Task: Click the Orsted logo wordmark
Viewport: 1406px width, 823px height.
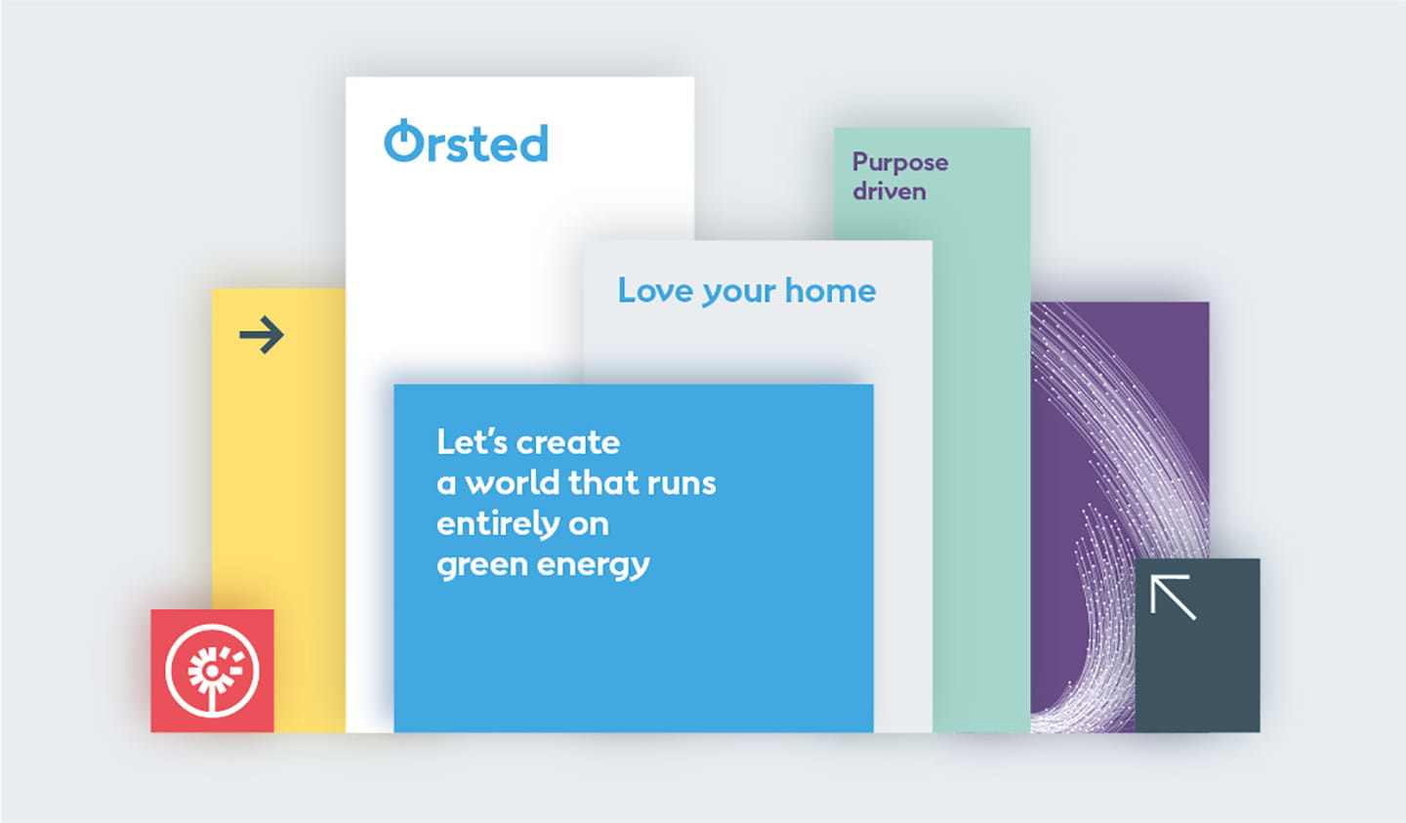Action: click(x=467, y=143)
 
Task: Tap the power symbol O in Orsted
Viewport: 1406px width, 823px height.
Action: click(x=403, y=142)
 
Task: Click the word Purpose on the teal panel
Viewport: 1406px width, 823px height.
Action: click(x=899, y=163)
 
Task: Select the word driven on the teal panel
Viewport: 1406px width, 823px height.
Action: click(x=889, y=191)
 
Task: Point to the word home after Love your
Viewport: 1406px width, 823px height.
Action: click(x=830, y=291)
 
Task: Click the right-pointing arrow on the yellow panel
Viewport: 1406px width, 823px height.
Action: click(x=262, y=335)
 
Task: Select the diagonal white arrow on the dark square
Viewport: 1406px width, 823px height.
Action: click(x=1173, y=597)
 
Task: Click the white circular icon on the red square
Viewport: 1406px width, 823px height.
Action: click(x=212, y=671)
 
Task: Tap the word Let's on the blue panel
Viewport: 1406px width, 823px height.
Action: click(x=472, y=442)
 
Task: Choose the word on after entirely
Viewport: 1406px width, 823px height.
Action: click(x=588, y=525)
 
